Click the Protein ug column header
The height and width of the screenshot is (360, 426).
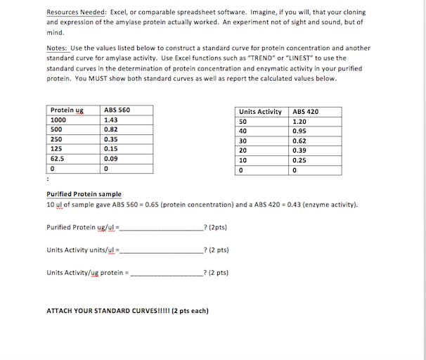[67, 110]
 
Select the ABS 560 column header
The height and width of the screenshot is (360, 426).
[117, 110]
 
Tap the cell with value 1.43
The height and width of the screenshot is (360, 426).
[111, 120]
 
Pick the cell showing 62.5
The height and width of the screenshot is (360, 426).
[58, 159]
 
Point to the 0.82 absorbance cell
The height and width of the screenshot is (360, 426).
[111, 130]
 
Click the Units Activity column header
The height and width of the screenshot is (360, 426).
[260, 112]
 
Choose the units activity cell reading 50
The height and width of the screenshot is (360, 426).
[243, 121]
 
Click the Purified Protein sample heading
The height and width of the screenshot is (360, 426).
[84, 194]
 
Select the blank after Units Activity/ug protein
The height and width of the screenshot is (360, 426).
[167, 273]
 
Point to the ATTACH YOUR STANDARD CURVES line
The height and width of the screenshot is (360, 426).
[127, 311]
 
